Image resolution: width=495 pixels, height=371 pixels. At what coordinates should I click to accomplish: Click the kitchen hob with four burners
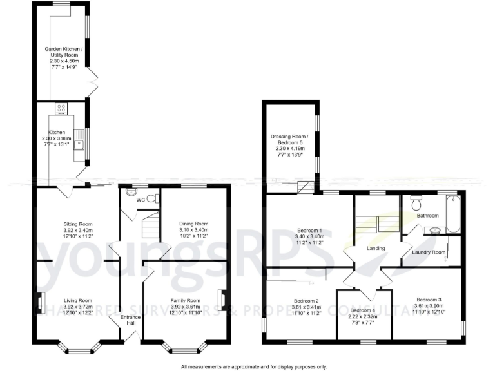[x=62, y=109]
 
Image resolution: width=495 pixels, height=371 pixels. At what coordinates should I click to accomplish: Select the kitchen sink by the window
[x=79, y=138]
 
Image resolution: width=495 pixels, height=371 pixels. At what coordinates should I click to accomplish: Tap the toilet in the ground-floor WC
[x=152, y=198]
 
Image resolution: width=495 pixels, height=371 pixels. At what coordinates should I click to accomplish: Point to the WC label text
[x=141, y=200]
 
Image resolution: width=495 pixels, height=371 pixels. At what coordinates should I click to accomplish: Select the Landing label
[x=376, y=248]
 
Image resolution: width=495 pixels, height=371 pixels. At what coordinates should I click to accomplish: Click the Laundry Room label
[x=429, y=252]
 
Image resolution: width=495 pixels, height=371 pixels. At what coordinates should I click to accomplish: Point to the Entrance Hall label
[x=131, y=319]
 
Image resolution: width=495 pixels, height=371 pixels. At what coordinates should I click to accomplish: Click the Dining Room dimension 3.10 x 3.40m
[x=193, y=230]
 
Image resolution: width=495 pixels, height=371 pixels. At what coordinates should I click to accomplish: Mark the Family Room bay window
[x=185, y=348]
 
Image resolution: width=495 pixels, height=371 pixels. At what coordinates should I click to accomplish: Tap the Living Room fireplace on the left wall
[x=39, y=301]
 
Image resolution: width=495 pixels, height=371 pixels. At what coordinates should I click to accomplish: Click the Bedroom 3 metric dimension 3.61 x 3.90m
[x=429, y=305]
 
